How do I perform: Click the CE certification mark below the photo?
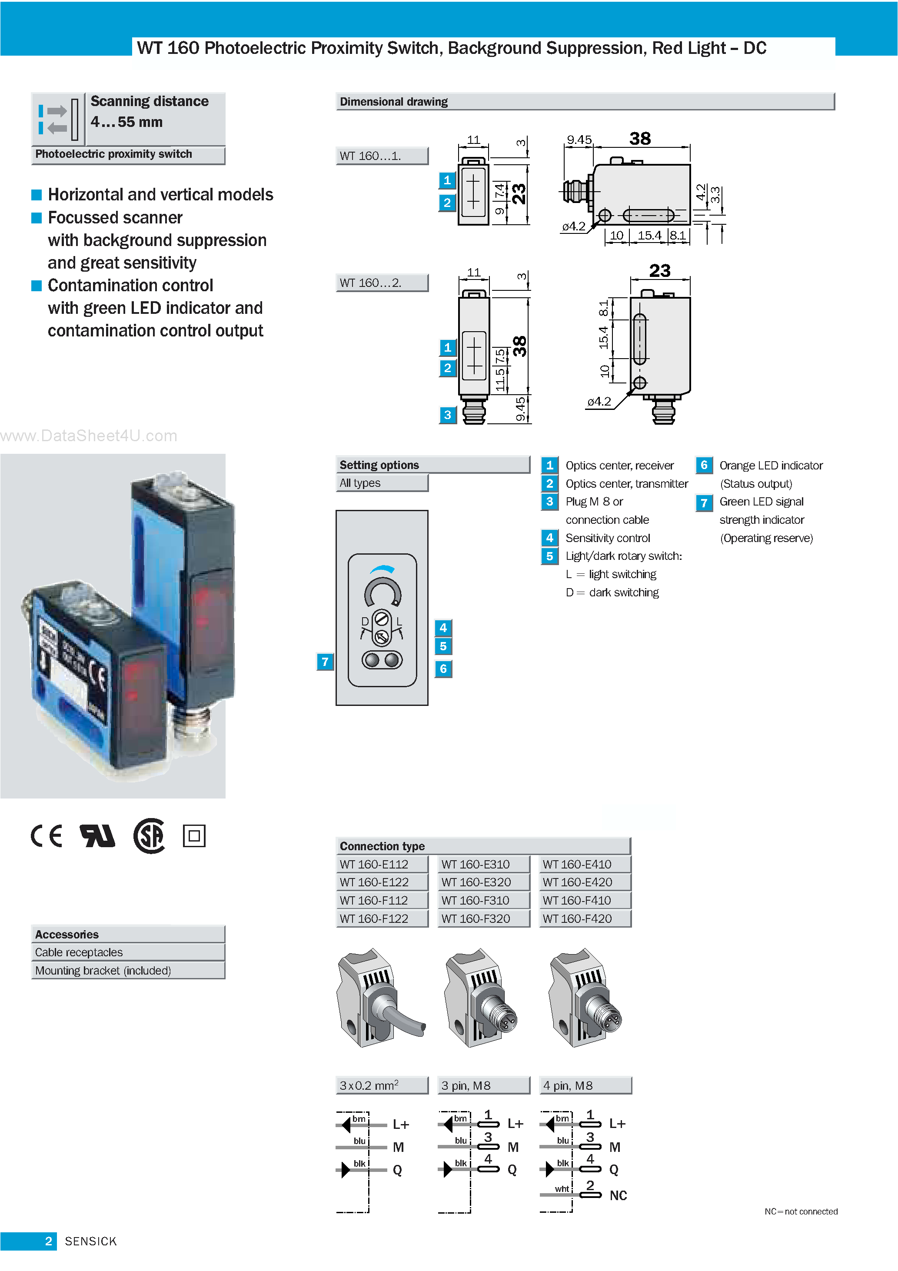coord(47,836)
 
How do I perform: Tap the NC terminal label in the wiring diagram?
coord(618,1195)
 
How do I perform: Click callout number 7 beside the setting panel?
coord(325,662)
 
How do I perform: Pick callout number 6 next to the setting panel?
coord(443,669)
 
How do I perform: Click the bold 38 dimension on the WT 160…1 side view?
coord(639,138)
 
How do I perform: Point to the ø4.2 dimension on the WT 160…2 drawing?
coord(599,401)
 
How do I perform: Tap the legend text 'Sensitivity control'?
coord(607,538)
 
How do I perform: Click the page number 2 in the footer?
coord(48,1241)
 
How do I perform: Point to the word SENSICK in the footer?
coord(91,1241)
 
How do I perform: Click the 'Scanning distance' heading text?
coord(150,101)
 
